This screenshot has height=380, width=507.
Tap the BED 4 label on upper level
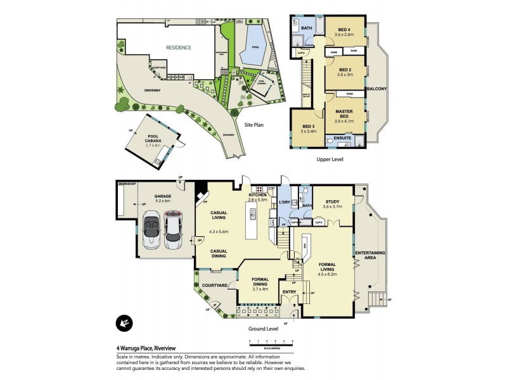coord(344,30)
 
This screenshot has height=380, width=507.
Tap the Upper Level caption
coord(330,160)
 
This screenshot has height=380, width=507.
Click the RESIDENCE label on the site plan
coord(179,47)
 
